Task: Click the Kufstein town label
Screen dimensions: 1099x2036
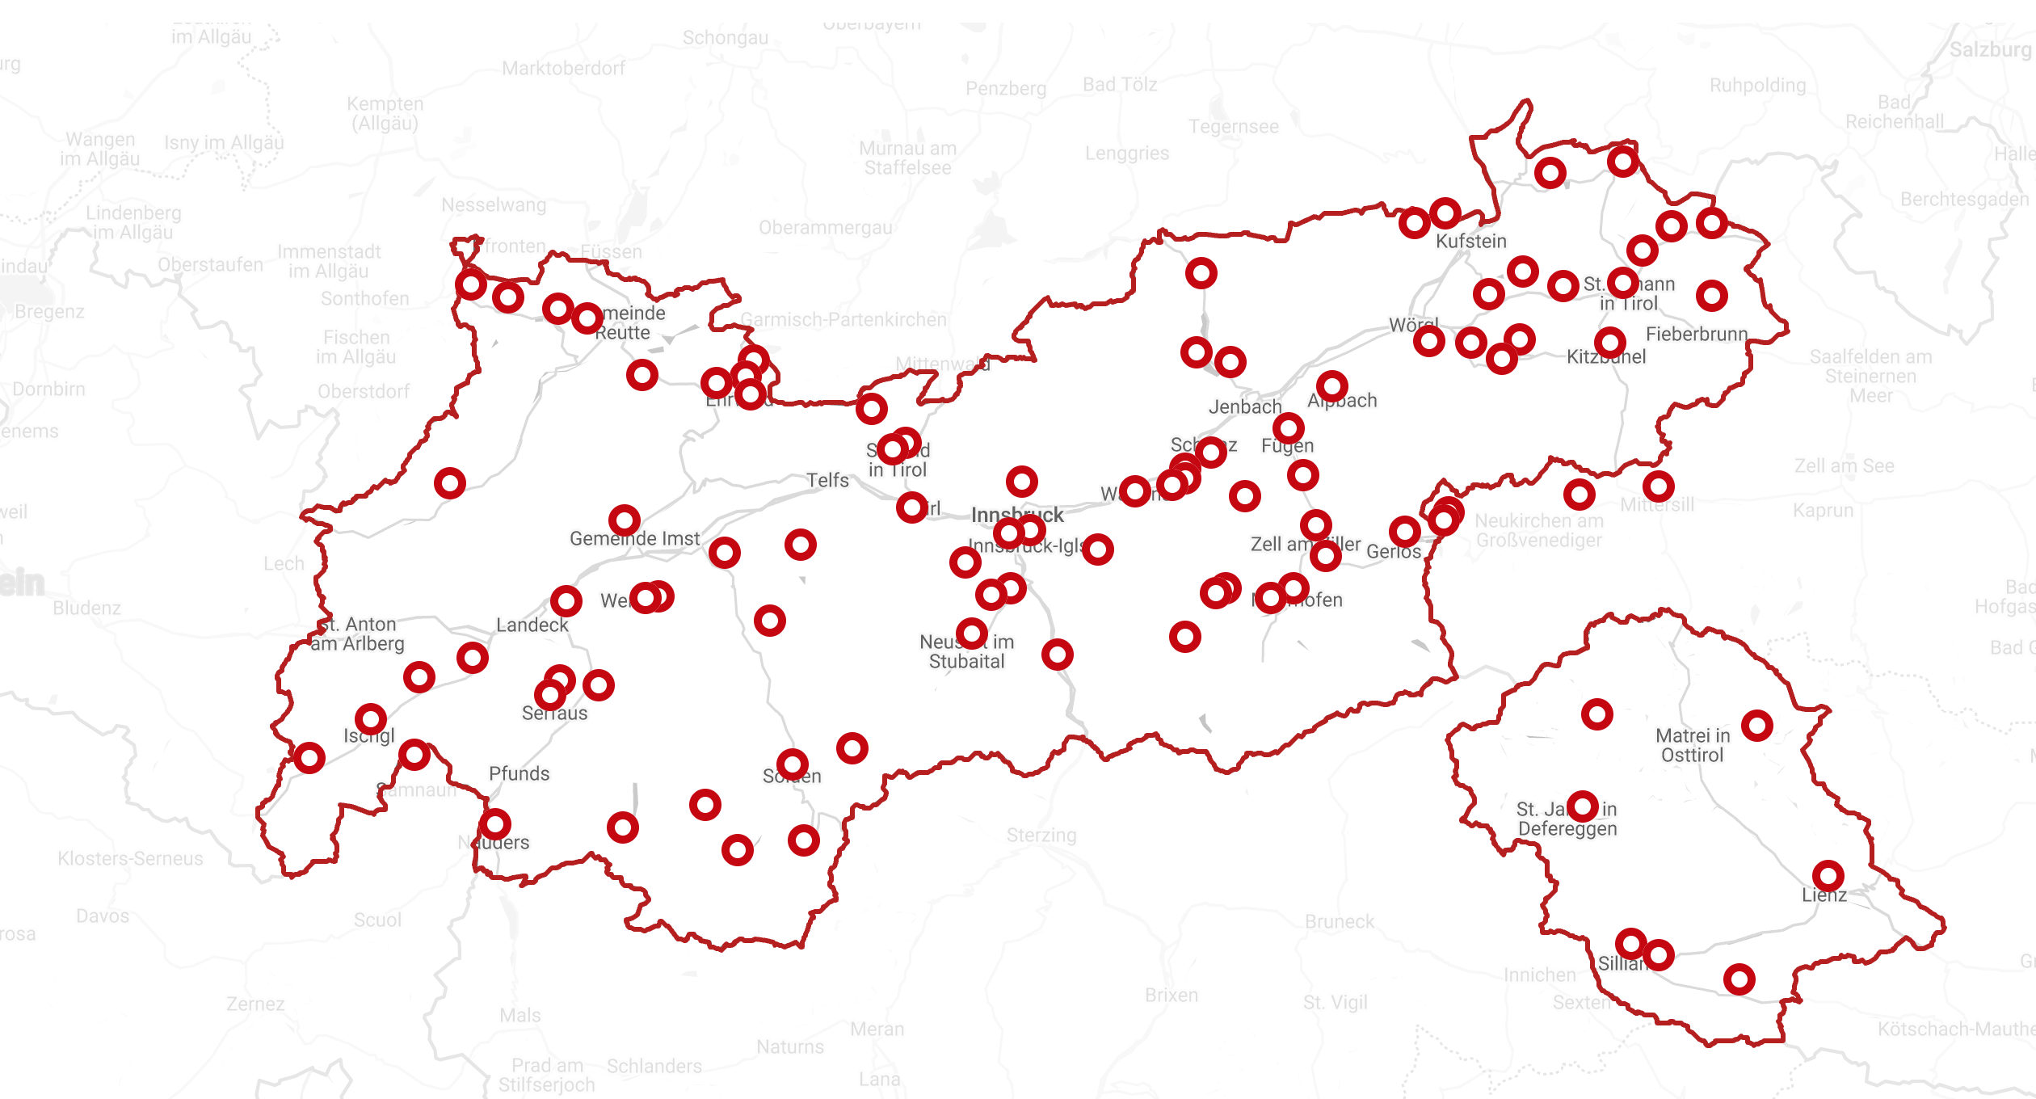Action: [1471, 242]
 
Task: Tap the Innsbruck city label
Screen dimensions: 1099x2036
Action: [1017, 515]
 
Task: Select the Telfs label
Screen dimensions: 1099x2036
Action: [827, 481]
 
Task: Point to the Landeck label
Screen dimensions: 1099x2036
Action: [532, 625]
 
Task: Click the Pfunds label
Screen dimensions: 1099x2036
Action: [519, 774]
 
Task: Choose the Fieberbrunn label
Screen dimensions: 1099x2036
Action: [1697, 335]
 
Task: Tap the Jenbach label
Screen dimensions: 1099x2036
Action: [1245, 407]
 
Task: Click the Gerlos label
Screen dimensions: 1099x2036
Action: [1394, 552]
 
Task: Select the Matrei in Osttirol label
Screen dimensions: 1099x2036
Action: [1693, 745]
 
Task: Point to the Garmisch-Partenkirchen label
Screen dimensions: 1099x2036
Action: [843, 320]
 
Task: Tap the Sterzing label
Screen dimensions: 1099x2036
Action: [1041, 836]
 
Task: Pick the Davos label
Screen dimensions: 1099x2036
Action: [103, 916]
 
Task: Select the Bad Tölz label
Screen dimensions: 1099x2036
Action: [1120, 85]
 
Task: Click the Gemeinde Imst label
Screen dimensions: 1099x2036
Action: [635, 539]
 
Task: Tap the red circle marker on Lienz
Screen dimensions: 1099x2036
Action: [1828, 876]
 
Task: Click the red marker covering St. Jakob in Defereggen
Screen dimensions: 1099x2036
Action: [1582, 806]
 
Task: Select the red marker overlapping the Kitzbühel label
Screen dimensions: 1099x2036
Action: [1609, 343]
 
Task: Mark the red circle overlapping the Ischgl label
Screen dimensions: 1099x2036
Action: [370, 718]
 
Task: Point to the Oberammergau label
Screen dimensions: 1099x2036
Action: [825, 228]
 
